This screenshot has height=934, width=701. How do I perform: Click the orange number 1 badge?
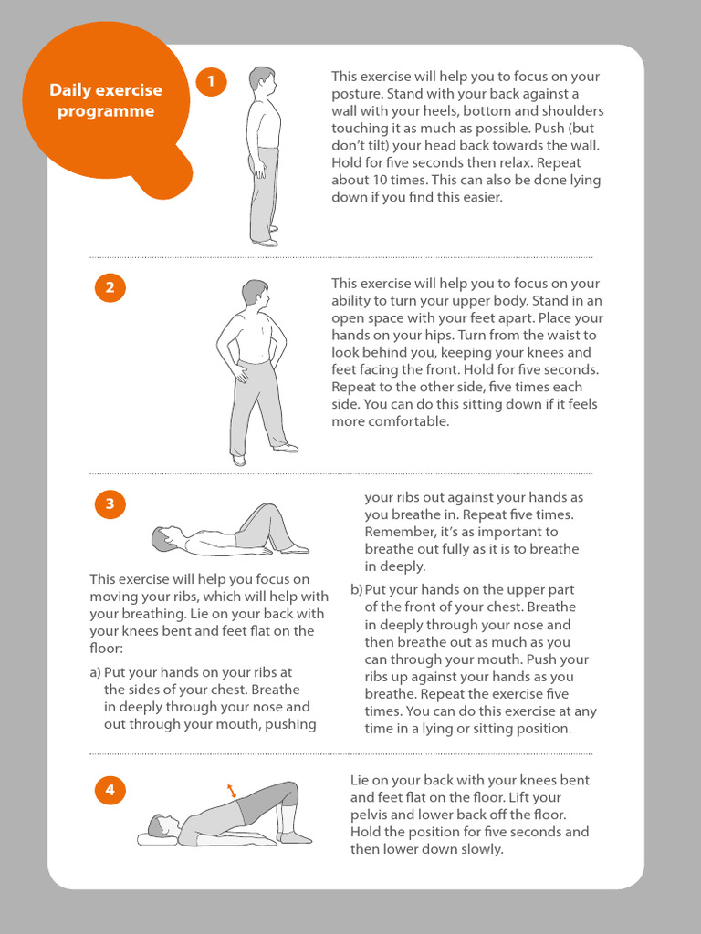211,81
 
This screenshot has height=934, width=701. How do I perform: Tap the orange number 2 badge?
110,287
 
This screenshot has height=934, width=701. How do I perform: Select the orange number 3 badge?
110,503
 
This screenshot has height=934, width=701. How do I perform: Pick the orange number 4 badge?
110,790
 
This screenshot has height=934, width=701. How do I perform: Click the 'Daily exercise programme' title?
106,100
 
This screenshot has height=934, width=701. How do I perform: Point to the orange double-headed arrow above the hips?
231,791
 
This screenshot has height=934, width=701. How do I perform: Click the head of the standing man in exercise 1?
262,81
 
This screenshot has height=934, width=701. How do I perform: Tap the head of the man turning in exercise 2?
256,296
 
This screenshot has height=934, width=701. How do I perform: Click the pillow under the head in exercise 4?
156,839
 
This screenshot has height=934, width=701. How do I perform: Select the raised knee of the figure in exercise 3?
268,509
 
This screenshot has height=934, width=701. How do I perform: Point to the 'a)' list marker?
95,672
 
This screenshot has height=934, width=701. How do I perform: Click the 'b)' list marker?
357,590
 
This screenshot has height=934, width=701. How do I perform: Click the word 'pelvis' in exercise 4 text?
369,815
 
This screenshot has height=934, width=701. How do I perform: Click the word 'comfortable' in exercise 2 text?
408,421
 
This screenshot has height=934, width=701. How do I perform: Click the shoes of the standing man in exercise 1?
266,237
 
